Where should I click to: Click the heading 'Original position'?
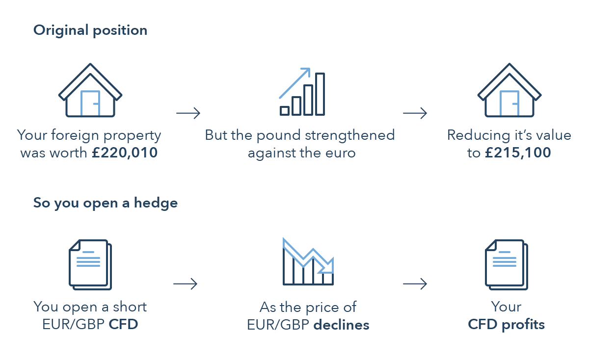click(x=90, y=30)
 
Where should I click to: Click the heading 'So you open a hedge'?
click(x=106, y=203)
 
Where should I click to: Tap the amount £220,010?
click(x=125, y=153)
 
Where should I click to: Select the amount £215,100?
click(x=518, y=153)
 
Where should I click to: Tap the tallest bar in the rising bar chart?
click(x=320, y=94)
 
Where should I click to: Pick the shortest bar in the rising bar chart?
click(x=285, y=111)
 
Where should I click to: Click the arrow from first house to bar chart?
click(x=188, y=113)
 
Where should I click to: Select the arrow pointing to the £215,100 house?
click(x=415, y=113)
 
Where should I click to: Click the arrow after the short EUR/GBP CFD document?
click(x=186, y=284)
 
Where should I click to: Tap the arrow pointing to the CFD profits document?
click(x=415, y=284)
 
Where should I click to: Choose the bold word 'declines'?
click(x=341, y=325)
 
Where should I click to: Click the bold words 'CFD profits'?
click(x=506, y=325)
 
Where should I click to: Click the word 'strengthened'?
click(x=349, y=135)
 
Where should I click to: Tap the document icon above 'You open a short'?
click(x=90, y=265)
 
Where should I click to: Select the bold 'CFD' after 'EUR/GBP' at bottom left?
click(x=123, y=324)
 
